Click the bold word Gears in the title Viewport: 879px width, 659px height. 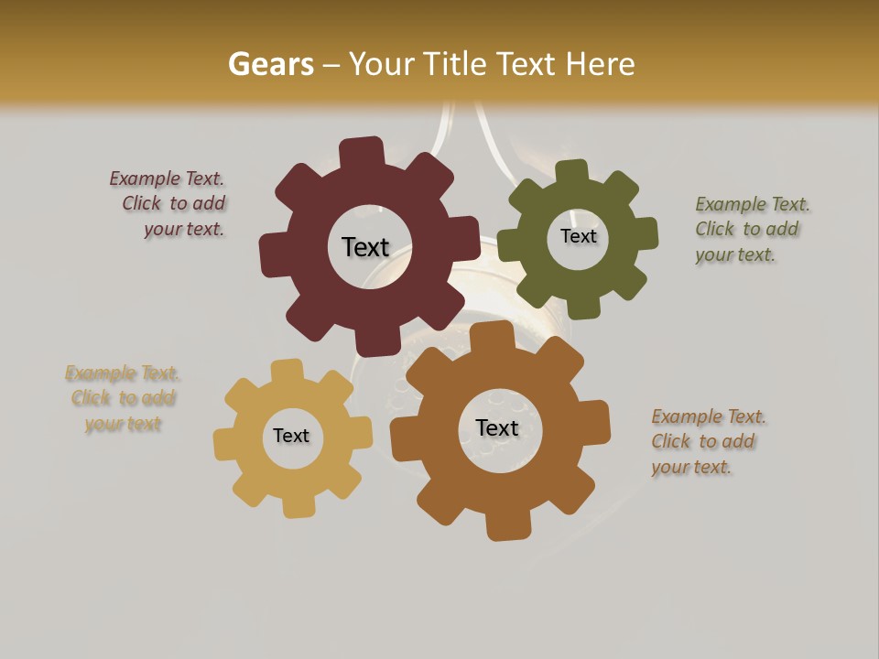pyautogui.click(x=270, y=64)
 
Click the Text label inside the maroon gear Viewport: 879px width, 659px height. pyautogui.click(x=365, y=247)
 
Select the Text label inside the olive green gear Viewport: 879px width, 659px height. pyautogui.click(x=578, y=236)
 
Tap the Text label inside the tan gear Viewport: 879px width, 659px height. pyautogui.click(x=291, y=436)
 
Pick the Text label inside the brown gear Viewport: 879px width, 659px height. pyautogui.click(x=497, y=427)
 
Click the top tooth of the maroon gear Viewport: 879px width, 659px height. pyautogui.click(x=363, y=152)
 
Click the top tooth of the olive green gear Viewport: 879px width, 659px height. pyautogui.click(x=573, y=171)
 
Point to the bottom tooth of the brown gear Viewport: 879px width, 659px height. pyautogui.click(x=506, y=525)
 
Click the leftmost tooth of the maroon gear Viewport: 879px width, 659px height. pyautogui.click(x=273, y=252)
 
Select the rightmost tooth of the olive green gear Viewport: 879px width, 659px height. pyautogui.click(x=646, y=233)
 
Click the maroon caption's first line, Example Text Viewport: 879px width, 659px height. pyautogui.click(x=167, y=178)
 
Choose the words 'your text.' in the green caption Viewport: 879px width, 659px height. pyautogui.click(x=734, y=255)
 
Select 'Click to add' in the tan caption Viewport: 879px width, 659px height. pyautogui.click(x=124, y=398)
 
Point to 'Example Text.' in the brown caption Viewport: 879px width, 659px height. pyautogui.click(x=709, y=416)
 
